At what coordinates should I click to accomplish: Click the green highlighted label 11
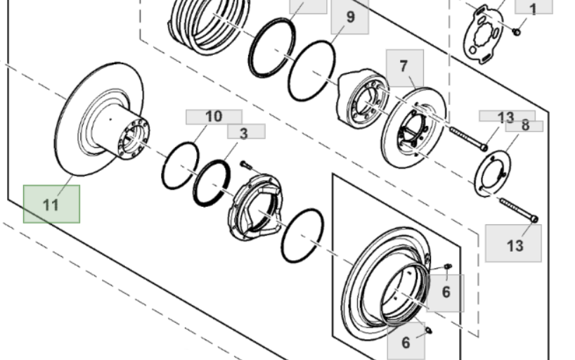[51, 204]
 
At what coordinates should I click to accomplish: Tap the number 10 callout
[214, 117]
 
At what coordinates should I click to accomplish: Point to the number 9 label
[350, 17]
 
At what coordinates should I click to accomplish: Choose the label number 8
[524, 126]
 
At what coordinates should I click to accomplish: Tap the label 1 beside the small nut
[534, 8]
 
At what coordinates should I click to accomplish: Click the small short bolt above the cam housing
[246, 165]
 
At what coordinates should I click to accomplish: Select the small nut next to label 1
[517, 32]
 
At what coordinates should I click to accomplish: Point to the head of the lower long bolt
[534, 219]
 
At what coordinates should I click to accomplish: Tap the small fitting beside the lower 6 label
[428, 330]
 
